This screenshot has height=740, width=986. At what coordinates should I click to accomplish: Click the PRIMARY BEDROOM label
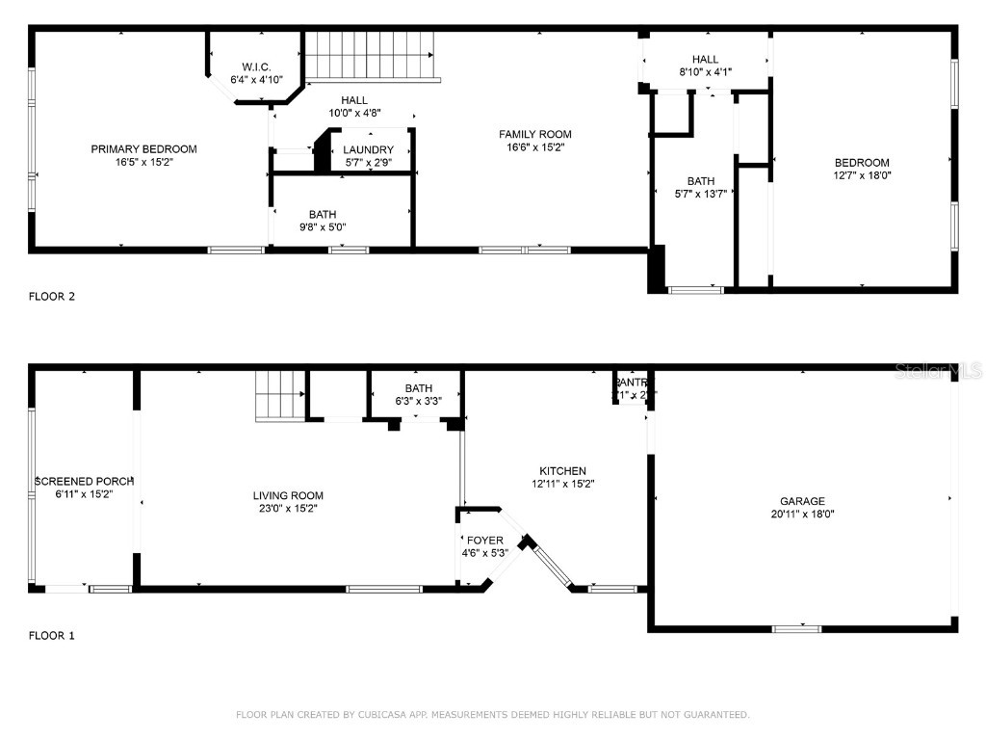tap(143, 148)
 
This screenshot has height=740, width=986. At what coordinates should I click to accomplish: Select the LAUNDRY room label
tap(368, 149)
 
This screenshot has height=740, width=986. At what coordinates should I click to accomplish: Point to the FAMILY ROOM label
tap(534, 134)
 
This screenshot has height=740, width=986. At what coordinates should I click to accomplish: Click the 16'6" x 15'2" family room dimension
tap(534, 147)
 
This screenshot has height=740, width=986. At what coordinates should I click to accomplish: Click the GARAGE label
tap(802, 501)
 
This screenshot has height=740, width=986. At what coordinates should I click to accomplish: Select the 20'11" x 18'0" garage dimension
tap(802, 515)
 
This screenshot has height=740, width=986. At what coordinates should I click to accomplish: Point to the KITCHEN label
tap(563, 471)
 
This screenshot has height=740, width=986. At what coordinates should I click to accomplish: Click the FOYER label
tap(484, 541)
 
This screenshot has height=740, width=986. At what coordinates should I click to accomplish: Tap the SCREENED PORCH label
tap(84, 481)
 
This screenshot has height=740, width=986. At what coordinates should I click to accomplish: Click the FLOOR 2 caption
tap(52, 297)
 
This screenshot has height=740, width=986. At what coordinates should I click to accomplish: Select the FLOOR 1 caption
tap(52, 636)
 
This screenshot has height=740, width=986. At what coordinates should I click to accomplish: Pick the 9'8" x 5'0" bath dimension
tap(323, 227)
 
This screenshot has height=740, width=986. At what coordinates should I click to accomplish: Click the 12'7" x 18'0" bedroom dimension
tap(862, 176)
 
